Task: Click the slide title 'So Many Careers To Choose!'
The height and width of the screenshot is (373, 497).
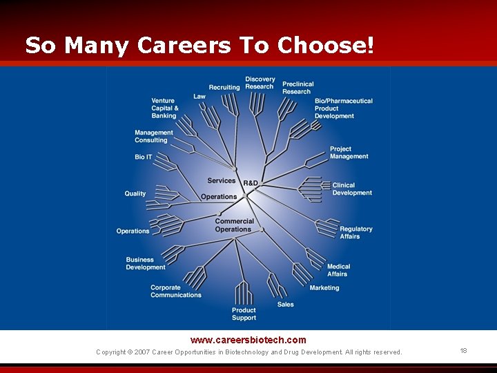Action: [199, 46]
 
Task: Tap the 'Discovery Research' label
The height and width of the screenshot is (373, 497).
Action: [260, 83]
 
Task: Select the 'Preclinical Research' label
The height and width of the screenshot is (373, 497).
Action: [298, 88]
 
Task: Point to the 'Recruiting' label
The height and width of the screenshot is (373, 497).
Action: [224, 88]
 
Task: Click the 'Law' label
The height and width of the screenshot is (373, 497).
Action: [199, 97]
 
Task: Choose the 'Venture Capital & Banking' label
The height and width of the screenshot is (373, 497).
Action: [165, 108]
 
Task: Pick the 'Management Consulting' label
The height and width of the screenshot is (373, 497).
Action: [154, 136]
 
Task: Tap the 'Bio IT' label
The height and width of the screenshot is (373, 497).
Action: [144, 157]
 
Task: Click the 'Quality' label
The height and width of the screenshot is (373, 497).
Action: [135, 193]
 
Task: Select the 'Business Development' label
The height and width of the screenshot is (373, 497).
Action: [146, 264]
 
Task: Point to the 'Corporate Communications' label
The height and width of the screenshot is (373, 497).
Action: [176, 291]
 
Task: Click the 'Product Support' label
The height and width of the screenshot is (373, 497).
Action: [244, 314]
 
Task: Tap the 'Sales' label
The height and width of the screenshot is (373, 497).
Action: [285, 304]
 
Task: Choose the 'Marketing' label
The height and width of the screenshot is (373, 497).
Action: [324, 288]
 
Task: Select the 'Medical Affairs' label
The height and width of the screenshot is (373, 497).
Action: [338, 270]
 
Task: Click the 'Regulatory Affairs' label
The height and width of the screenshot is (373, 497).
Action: [355, 233]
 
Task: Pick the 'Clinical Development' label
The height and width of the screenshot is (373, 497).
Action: [352, 189]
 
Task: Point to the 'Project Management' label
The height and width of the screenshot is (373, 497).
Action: [349, 153]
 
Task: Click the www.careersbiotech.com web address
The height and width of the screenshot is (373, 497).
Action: [248, 340]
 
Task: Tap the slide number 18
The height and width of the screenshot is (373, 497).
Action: [463, 351]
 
